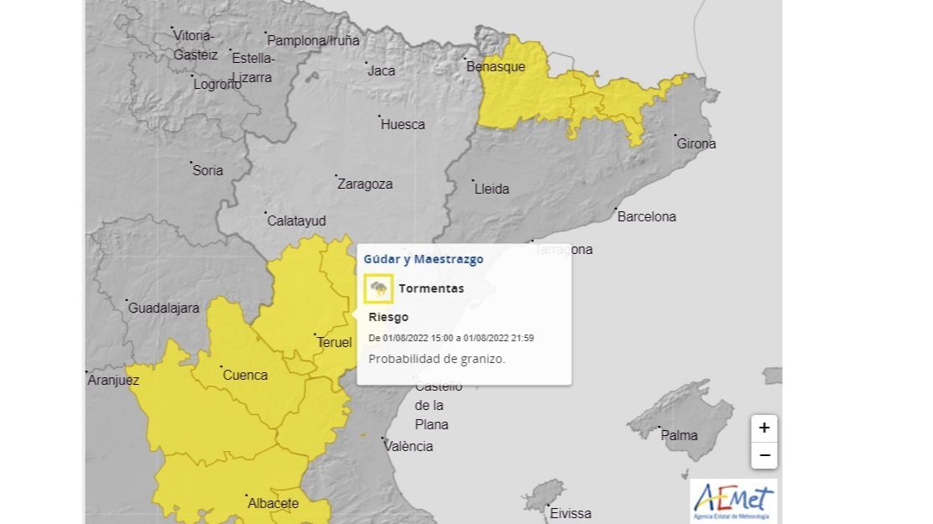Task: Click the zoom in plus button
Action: (764, 428)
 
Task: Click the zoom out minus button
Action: (764, 455)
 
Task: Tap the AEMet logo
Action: (733, 501)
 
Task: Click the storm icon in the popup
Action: (378, 289)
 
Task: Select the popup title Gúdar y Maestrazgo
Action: (423, 259)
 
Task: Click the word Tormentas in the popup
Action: (431, 288)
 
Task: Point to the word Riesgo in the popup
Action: (388, 317)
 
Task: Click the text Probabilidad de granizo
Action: (436, 358)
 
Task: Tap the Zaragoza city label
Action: (364, 184)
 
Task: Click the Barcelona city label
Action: (646, 216)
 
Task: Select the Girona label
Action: (696, 143)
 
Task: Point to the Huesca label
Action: (403, 124)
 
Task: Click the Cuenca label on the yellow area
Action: (245, 375)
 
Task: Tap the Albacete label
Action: (273, 503)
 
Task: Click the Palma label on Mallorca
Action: (679, 435)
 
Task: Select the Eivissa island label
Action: (571, 513)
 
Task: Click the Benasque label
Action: (495, 66)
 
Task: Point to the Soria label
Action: (207, 170)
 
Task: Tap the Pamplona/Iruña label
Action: (313, 40)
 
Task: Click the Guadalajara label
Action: (164, 308)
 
